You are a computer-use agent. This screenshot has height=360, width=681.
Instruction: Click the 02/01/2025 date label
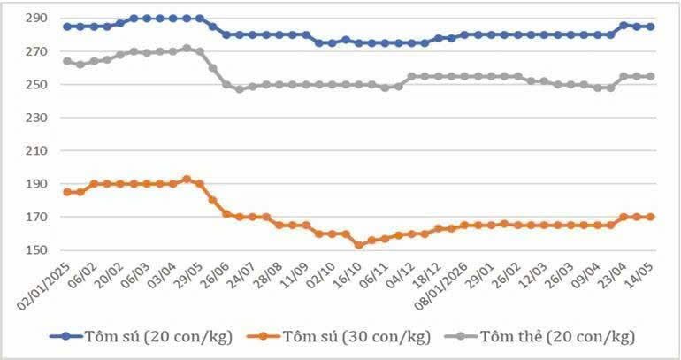tap(43, 287)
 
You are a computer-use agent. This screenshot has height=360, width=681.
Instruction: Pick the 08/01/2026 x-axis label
tap(440, 287)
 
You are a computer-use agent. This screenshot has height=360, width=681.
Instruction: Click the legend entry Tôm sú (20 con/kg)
tap(142, 336)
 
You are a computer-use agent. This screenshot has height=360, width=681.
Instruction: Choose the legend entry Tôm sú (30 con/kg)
tap(340, 336)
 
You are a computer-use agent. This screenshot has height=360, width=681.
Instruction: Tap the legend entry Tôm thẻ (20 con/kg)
tap(540, 336)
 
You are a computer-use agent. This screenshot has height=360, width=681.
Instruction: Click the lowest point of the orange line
tap(359, 245)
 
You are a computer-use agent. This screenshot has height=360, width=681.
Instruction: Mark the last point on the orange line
tap(651, 217)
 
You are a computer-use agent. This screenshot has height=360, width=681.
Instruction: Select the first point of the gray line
tap(67, 61)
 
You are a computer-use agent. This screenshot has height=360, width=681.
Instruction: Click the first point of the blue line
tap(67, 27)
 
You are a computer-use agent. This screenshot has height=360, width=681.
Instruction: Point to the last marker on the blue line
tap(651, 27)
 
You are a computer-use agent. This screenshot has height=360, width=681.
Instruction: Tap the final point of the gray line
tap(651, 76)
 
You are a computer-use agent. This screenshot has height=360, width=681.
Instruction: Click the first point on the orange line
tap(67, 192)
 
